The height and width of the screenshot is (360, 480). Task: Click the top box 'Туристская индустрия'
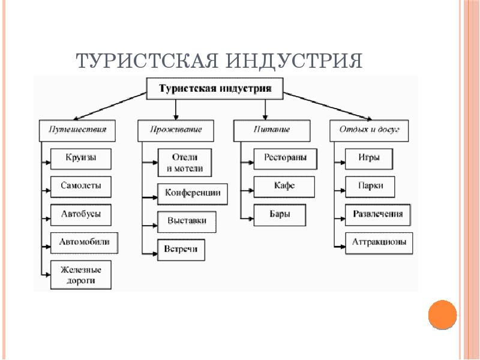[215, 89]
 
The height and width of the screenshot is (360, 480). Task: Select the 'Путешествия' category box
[77, 130]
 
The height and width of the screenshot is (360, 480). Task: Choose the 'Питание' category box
[272, 130]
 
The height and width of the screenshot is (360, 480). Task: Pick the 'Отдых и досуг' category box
[369, 130]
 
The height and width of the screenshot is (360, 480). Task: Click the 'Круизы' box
[80, 158]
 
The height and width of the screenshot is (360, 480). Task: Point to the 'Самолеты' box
[80, 186]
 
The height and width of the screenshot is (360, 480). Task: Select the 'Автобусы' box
[80, 214]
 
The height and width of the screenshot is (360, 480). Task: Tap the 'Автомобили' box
[85, 242]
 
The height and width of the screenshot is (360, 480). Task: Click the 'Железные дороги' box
[80, 275]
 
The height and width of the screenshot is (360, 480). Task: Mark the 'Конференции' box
[193, 193]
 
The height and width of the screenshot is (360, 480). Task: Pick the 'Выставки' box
[187, 221]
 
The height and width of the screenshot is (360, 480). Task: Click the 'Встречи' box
[181, 249]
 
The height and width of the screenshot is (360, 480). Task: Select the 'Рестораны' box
[285, 158]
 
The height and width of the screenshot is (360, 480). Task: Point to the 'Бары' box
[280, 214]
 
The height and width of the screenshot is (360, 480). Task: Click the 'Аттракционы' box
[378, 242]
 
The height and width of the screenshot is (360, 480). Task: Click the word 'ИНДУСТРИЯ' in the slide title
[295, 61]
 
